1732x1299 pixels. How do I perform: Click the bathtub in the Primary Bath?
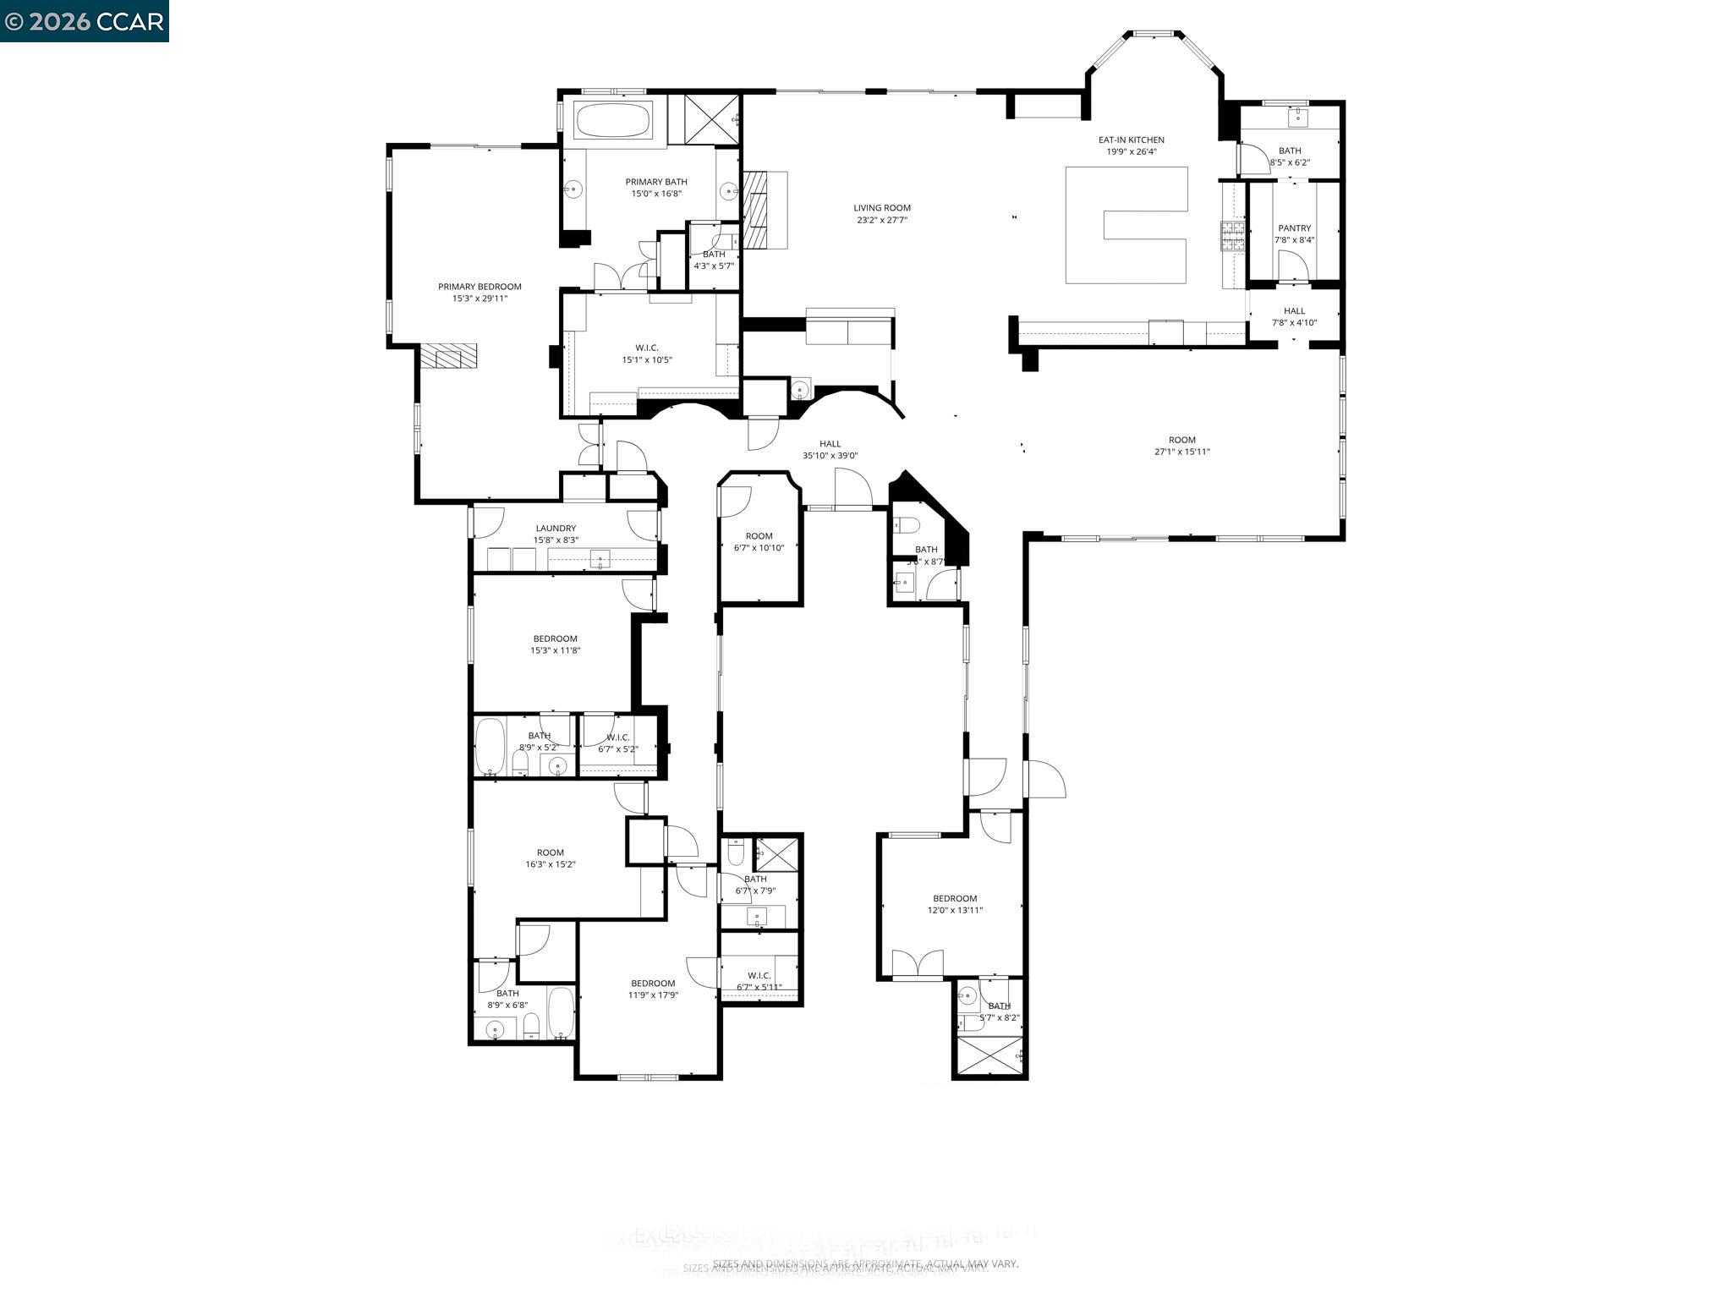(x=613, y=120)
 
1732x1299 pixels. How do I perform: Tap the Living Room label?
(x=881, y=208)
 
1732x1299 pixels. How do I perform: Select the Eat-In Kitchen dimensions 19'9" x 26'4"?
(x=1131, y=152)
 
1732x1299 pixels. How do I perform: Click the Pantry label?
(x=1294, y=228)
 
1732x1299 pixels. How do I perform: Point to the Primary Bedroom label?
(x=480, y=287)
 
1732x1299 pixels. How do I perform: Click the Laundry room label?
(x=556, y=529)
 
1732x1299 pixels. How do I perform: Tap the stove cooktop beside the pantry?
(x=1231, y=236)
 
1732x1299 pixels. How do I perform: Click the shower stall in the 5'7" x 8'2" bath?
(x=989, y=1055)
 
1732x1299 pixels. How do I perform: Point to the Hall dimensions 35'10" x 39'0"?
(x=830, y=456)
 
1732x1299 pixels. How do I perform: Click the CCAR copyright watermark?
(x=84, y=21)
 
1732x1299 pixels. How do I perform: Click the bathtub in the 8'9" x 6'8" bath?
(x=561, y=1012)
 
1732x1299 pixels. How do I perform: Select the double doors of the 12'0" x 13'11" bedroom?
(x=918, y=964)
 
